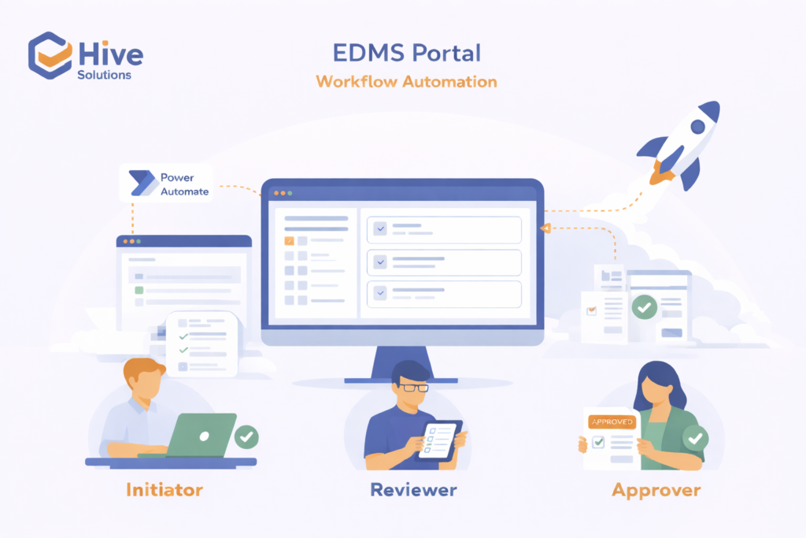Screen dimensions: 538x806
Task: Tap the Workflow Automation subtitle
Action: (406, 81)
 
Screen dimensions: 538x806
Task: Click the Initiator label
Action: (165, 489)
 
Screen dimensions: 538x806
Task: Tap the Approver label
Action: (656, 489)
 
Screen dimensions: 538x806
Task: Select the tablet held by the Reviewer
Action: (439, 440)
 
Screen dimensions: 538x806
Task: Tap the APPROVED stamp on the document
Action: (611, 422)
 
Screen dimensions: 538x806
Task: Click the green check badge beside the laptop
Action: (247, 436)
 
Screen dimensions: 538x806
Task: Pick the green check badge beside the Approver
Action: (694, 437)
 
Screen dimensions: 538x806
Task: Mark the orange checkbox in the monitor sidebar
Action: (289, 241)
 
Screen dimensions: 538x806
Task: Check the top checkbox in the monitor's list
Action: (381, 229)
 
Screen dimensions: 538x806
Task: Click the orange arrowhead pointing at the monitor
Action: (544, 228)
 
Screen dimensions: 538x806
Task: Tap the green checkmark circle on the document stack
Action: (644, 306)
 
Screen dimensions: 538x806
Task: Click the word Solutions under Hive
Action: (105, 75)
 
